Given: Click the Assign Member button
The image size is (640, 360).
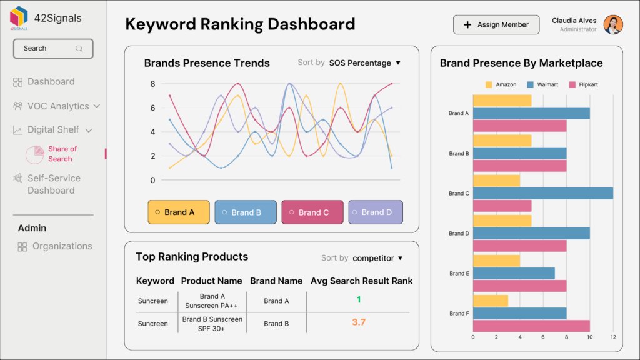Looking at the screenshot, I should (496, 25).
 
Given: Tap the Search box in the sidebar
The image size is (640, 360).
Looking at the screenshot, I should (53, 48).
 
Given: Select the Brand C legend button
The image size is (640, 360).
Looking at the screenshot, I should (312, 212).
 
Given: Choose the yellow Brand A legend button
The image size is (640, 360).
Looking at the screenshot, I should (179, 212).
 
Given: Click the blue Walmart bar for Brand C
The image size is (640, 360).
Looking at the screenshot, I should (542, 193).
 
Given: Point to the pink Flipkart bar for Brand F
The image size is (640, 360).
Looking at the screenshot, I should (531, 326).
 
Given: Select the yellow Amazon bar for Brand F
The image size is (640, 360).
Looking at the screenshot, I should (490, 301).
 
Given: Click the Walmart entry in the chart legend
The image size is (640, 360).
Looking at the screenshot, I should (542, 84).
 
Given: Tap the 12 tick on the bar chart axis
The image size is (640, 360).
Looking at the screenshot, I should (613, 337).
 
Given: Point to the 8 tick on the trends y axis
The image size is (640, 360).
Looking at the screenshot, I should (152, 84).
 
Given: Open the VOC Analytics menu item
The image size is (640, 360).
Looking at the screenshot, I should (57, 106).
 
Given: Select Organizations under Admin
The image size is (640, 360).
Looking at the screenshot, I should (62, 246).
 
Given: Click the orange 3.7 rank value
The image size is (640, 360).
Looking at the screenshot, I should (359, 322).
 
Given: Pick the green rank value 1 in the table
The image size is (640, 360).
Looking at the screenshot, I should (359, 300).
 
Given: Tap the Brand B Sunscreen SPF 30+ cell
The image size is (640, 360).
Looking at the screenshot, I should (212, 323).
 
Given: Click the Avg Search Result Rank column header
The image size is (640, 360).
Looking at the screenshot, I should (361, 281).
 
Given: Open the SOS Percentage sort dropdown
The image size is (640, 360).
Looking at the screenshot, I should (364, 62).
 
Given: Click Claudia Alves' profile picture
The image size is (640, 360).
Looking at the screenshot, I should (613, 25).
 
